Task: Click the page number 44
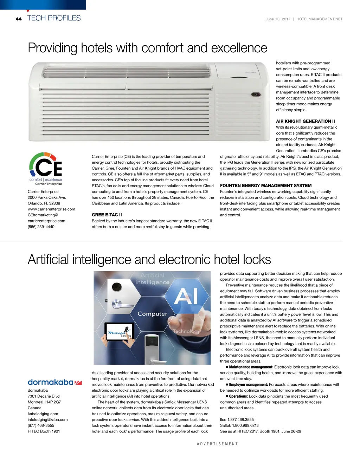point(19,19)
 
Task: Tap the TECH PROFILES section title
point(54,18)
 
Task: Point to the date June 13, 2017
point(278,19)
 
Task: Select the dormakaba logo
point(54,382)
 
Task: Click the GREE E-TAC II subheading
point(107,215)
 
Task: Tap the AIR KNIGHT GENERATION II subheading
point(305,121)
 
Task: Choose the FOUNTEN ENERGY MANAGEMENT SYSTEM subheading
point(266,185)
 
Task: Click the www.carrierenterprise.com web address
point(51,209)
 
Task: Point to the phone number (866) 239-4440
point(41,227)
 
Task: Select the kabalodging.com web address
point(43,414)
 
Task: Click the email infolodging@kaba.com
point(47,419)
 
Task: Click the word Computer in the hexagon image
point(152,314)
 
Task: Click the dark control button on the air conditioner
point(256,95)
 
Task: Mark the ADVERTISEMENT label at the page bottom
point(217,444)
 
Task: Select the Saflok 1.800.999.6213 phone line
point(239,425)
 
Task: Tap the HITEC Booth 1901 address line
point(44,431)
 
